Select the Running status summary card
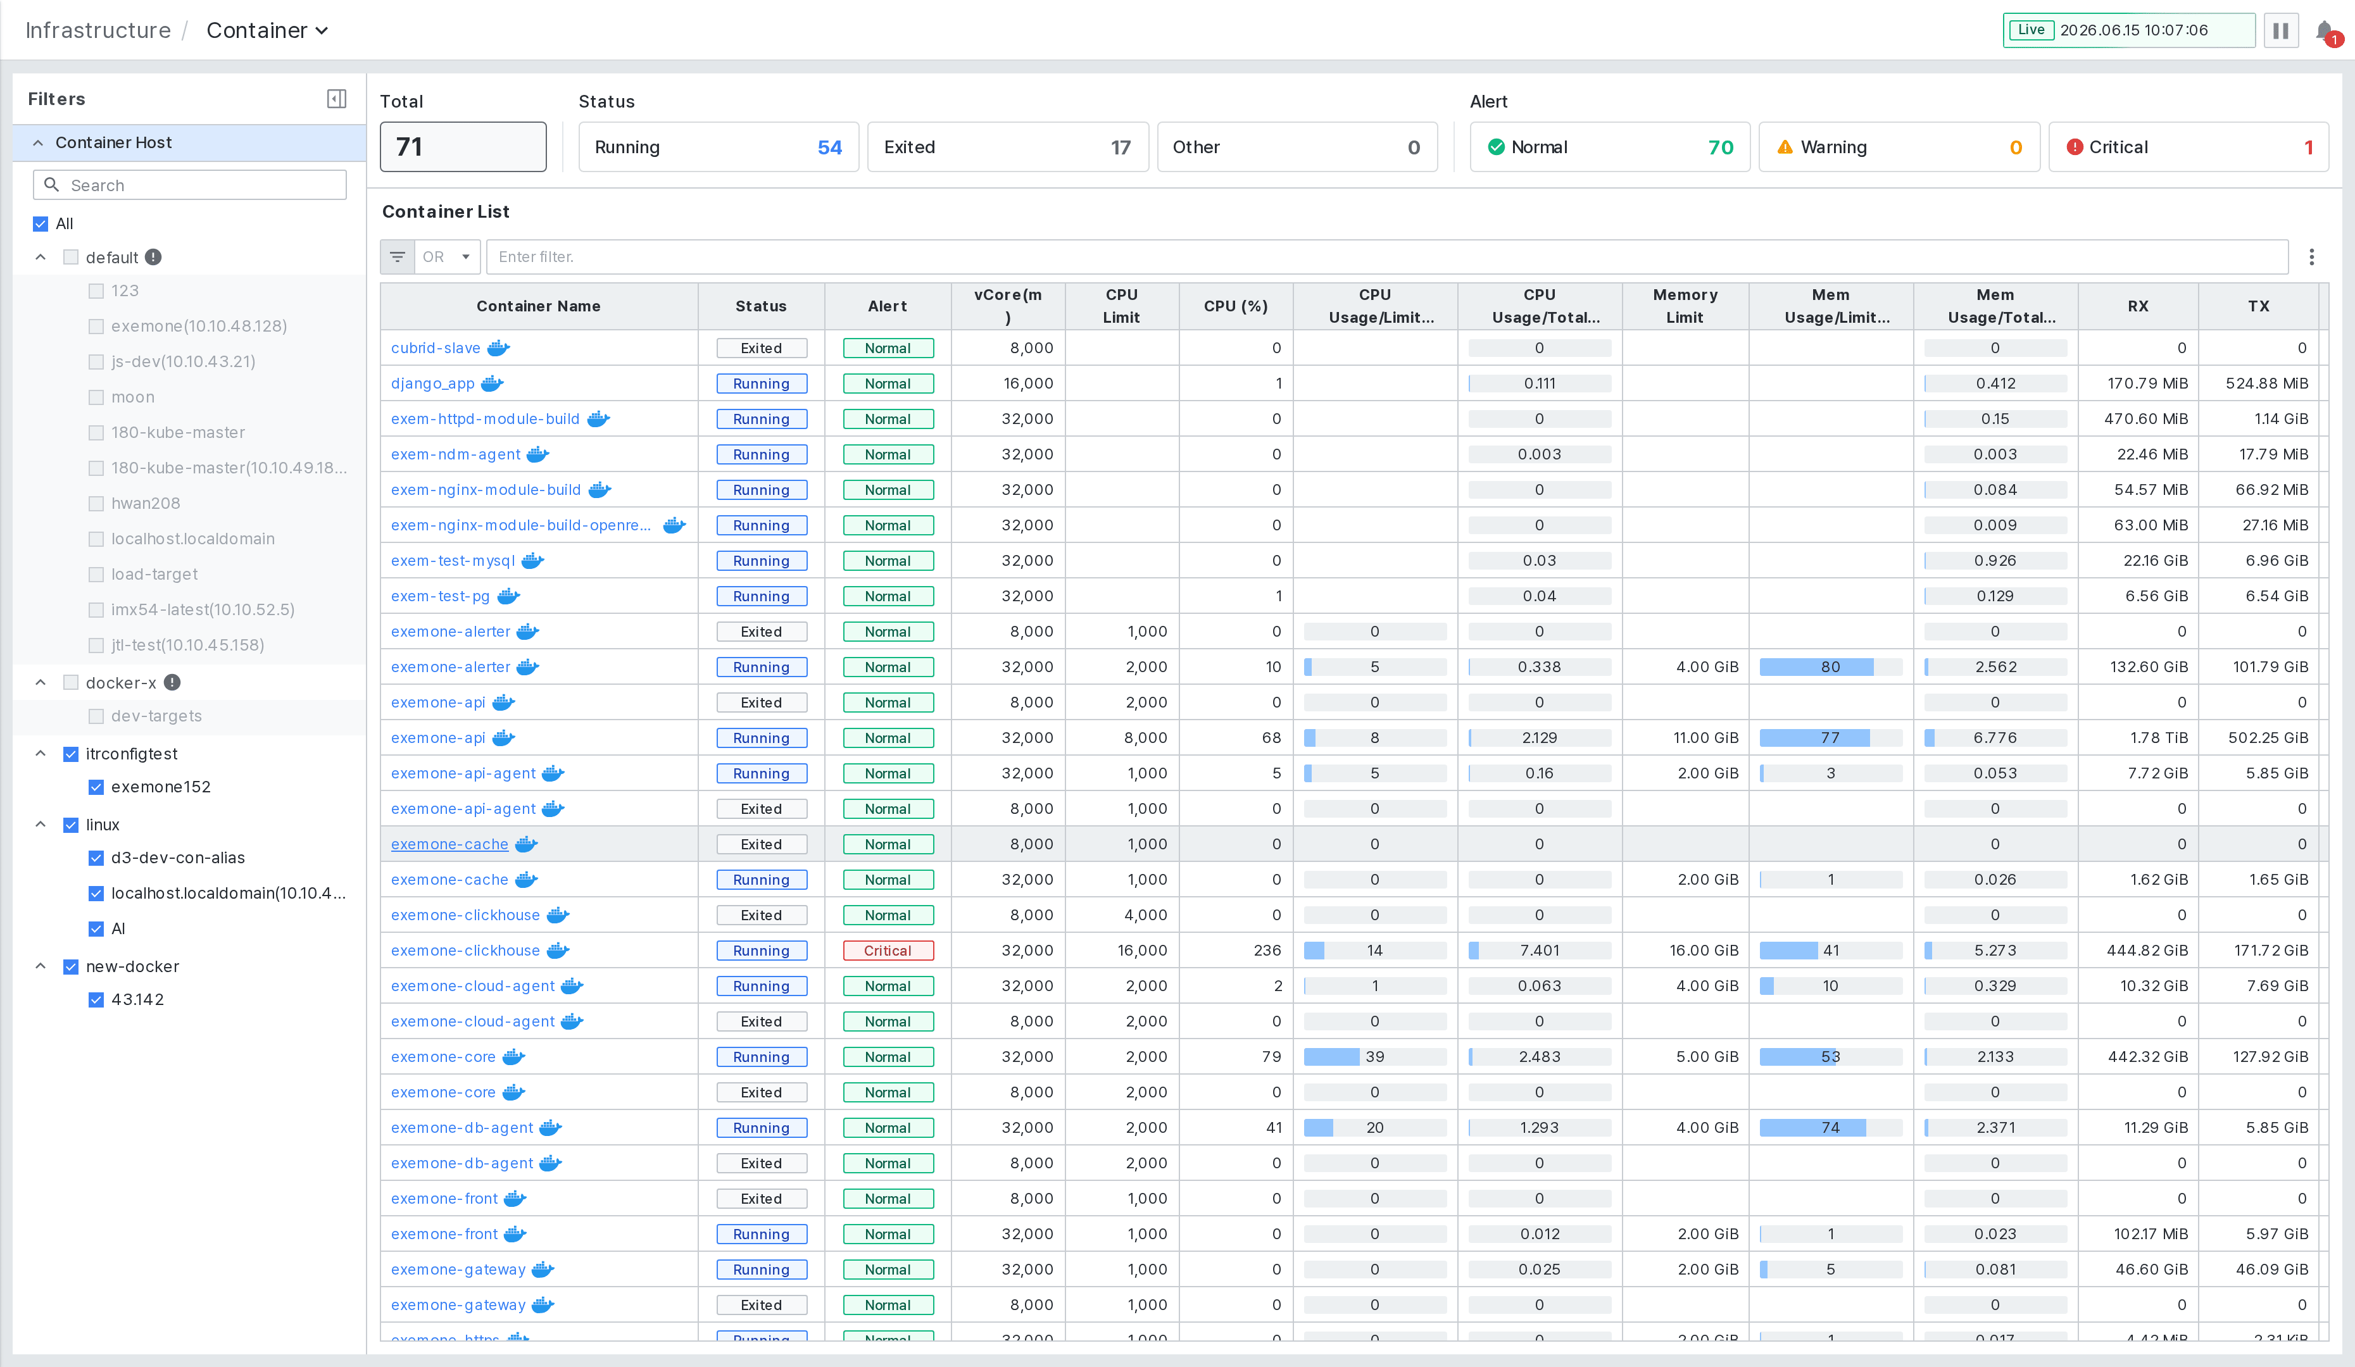[x=718, y=147]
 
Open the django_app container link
[x=432, y=383]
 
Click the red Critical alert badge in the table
[x=887, y=951]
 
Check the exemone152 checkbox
[x=96, y=787]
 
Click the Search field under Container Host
[x=190, y=185]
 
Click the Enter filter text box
[x=1387, y=257]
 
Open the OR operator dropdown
[x=447, y=257]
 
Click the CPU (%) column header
[x=1236, y=306]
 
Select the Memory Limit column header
[x=1685, y=306]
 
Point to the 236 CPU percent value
[x=1267, y=951]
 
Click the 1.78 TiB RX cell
[x=2159, y=738]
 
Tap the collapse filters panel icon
[x=336, y=99]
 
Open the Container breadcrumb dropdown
[x=267, y=31]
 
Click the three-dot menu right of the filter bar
[x=2311, y=257]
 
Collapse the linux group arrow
[x=40, y=824]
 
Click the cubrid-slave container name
[x=436, y=347]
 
